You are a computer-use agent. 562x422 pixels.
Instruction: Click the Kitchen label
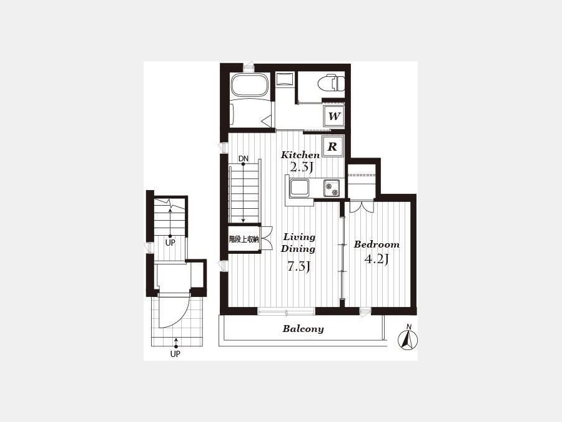point(300,155)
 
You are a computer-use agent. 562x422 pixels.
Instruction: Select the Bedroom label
point(377,244)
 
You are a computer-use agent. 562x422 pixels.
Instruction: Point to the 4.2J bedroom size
point(377,259)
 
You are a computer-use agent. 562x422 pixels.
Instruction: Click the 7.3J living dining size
point(298,266)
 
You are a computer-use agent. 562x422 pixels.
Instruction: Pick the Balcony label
point(303,329)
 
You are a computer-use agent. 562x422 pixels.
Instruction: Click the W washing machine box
point(333,116)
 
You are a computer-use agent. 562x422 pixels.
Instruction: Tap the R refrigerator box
point(333,146)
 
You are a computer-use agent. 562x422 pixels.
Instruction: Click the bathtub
point(249,84)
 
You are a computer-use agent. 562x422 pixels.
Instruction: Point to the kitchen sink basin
point(299,188)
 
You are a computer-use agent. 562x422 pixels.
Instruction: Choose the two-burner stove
point(332,188)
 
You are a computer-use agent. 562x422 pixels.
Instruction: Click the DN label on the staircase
point(244,159)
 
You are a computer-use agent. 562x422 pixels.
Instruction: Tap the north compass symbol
point(408,338)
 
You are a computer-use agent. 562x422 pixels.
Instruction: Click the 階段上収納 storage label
point(244,239)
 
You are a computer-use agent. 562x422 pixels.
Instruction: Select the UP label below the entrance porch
point(175,354)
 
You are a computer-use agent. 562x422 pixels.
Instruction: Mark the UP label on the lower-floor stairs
point(170,243)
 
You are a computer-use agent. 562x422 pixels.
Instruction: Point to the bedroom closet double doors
point(362,207)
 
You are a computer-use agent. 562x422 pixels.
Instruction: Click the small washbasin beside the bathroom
point(285,79)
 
